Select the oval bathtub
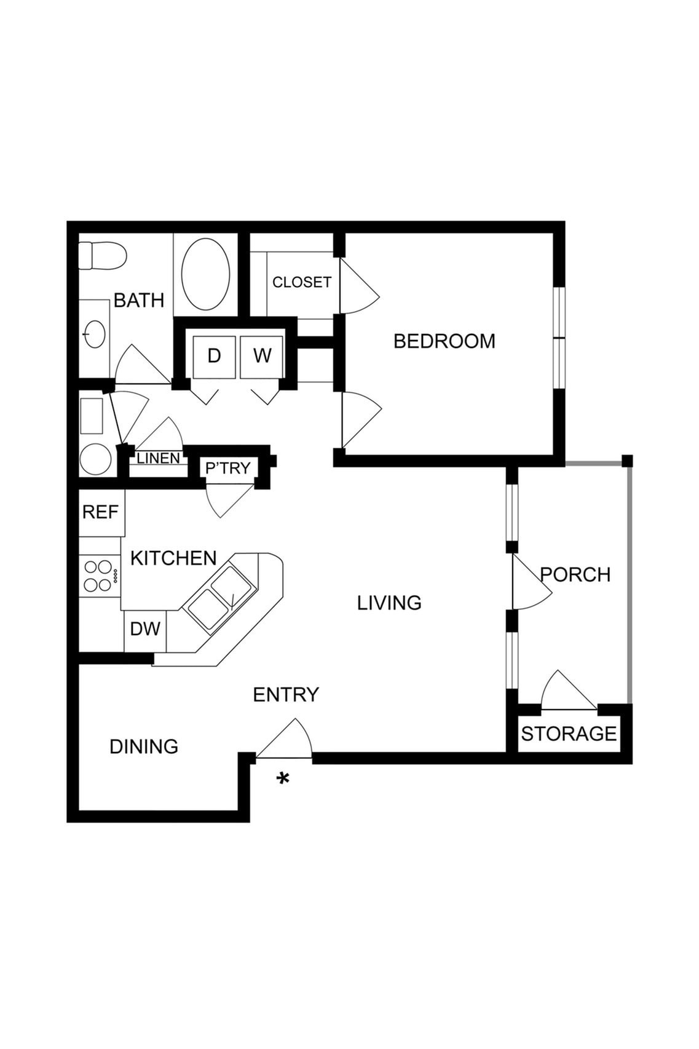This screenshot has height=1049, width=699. [x=206, y=274]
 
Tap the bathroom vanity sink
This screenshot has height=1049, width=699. [x=95, y=334]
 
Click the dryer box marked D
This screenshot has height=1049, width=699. [x=214, y=356]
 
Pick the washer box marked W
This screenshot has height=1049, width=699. [x=262, y=356]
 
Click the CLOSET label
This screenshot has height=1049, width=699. [x=301, y=282]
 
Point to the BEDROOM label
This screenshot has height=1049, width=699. [x=444, y=341]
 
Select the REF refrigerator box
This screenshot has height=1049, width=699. [x=101, y=512]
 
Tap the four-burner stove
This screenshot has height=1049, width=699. [x=98, y=576]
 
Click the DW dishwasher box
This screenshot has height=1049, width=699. [x=145, y=629]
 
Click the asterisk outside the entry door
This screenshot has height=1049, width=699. [x=283, y=780]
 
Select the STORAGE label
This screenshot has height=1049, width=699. [x=569, y=734]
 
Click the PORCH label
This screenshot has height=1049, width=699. [x=575, y=575]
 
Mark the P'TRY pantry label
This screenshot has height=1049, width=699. [x=228, y=469]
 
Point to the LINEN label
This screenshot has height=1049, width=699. [x=158, y=459]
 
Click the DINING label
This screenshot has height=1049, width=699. [x=144, y=746]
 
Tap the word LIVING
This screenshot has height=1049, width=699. [x=389, y=603]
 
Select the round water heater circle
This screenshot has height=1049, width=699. [x=95, y=459]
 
